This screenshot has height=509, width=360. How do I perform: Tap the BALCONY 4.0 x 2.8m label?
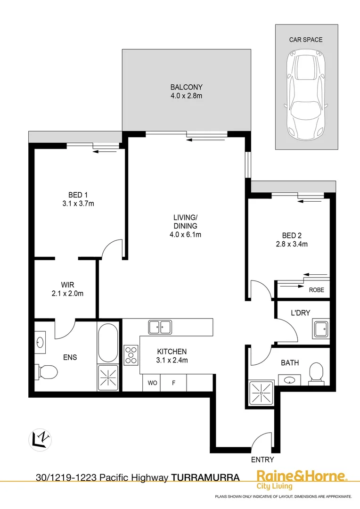pyautogui.click(x=186, y=91)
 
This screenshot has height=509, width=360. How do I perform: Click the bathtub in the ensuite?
pyautogui.click(x=109, y=342)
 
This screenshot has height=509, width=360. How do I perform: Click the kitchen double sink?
pyautogui.click(x=160, y=326)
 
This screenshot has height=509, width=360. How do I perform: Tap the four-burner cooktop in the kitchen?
pyautogui.click(x=131, y=355)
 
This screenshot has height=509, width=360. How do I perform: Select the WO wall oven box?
pyautogui.click(x=152, y=383)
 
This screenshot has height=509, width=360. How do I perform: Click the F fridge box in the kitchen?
pyautogui.click(x=173, y=383)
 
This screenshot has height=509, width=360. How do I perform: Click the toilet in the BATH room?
pyautogui.click(x=315, y=372)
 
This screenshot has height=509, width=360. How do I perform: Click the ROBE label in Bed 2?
pyautogui.click(x=316, y=290)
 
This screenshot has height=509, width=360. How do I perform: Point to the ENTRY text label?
pyautogui.click(x=262, y=460)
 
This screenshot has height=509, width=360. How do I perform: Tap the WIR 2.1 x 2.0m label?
pyautogui.click(x=68, y=289)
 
